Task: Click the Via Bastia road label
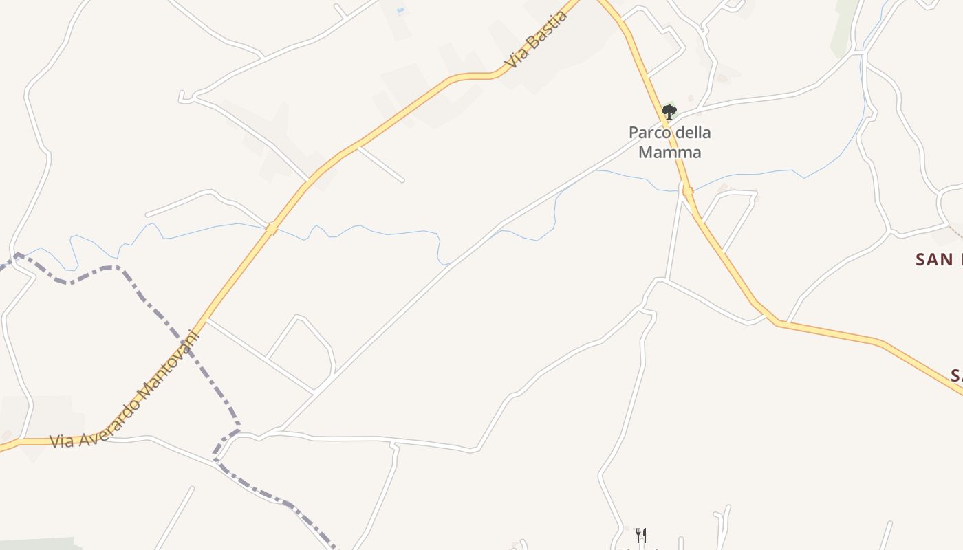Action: tap(537, 38)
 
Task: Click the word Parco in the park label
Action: tap(649, 132)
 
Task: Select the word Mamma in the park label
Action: tap(669, 152)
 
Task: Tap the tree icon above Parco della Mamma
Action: tap(669, 111)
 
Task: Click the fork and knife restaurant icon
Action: tap(640, 535)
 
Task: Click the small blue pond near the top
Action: tap(400, 10)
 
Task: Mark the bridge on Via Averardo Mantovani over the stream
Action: tap(272, 228)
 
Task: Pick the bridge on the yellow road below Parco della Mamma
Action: tap(687, 191)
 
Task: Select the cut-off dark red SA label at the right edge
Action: tap(956, 375)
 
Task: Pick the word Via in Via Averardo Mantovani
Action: tap(62, 441)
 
